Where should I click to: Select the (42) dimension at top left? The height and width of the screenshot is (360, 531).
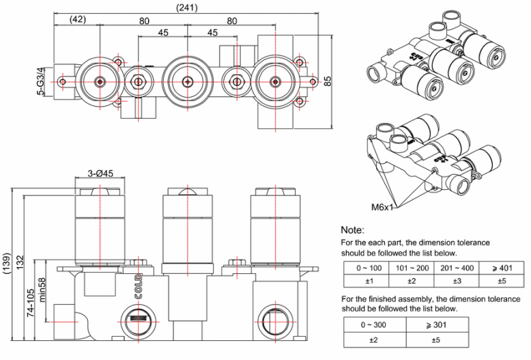click(77, 20)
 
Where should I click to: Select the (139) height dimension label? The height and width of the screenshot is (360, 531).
click(8, 263)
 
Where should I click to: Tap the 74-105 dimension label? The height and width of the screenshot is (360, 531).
click(31, 300)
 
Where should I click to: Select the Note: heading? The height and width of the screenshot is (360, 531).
click(353, 230)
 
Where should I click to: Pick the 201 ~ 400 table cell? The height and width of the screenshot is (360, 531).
click(455, 267)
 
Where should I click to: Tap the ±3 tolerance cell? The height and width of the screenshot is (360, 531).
click(455, 280)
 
